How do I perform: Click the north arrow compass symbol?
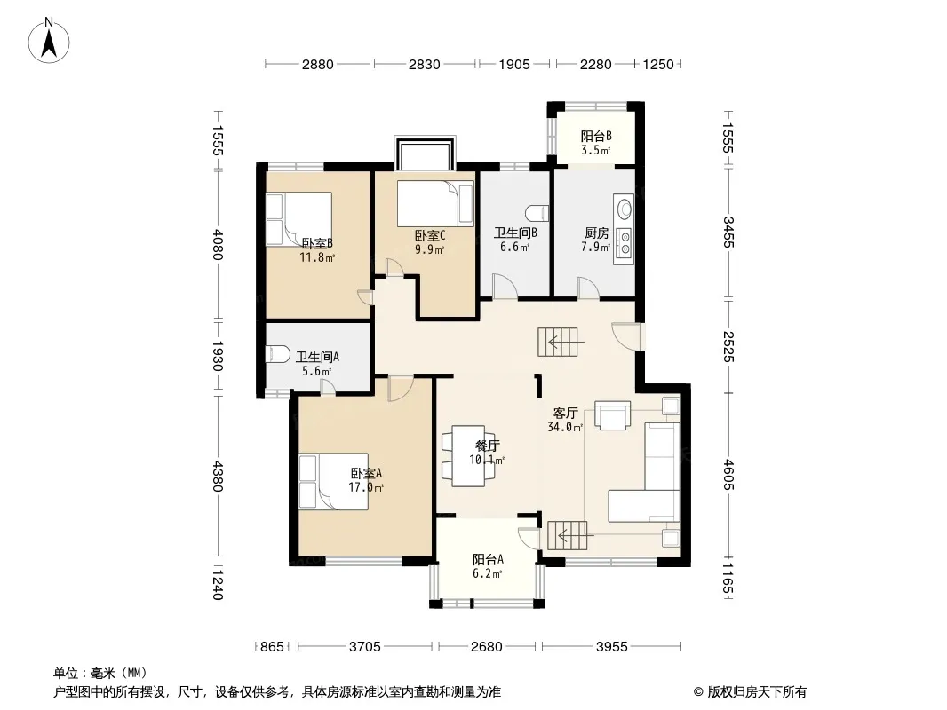[49, 41]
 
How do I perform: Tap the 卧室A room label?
[366, 474]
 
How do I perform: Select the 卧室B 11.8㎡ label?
[317, 250]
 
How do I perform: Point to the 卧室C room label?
[430, 235]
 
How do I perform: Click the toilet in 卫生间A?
[277, 354]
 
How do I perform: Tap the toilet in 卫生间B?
[537, 213]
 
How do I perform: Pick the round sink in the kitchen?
[625, 209]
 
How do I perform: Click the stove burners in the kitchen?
[625, 243]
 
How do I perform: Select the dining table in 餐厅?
[469, 456]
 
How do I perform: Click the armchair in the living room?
[613, 415]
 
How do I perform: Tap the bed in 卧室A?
[333, 482]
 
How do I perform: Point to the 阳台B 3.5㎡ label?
[596, 143]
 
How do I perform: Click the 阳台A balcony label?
[488, 560]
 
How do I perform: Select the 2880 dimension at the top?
[318, 64]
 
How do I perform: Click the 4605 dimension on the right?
[728, 475]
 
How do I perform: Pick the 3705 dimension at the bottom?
[365, 647]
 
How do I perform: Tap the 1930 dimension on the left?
[218, 357]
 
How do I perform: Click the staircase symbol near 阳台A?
[568, 535]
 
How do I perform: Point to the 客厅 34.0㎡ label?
[565, 420]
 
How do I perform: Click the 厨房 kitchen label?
[596, 233]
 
